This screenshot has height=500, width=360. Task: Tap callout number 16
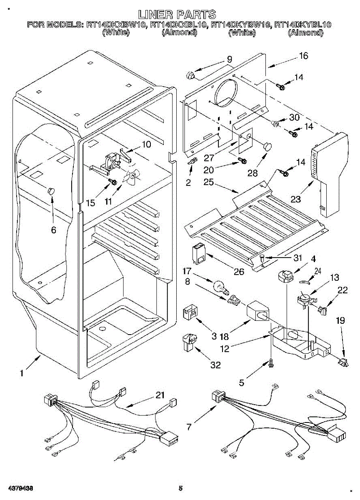click(303, 56)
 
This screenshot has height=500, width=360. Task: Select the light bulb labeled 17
click(219, 287)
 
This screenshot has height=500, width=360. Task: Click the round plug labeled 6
click(51, 191)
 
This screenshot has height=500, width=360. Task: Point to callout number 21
click(160, 395)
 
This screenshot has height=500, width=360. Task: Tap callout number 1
click(22, 374)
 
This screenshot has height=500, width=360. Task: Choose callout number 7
click(189, 427)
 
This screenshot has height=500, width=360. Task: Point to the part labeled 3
click(190, 311)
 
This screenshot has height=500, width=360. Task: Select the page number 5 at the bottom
click(180, 488)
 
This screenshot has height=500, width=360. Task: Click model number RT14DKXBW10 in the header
click(116, 25)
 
